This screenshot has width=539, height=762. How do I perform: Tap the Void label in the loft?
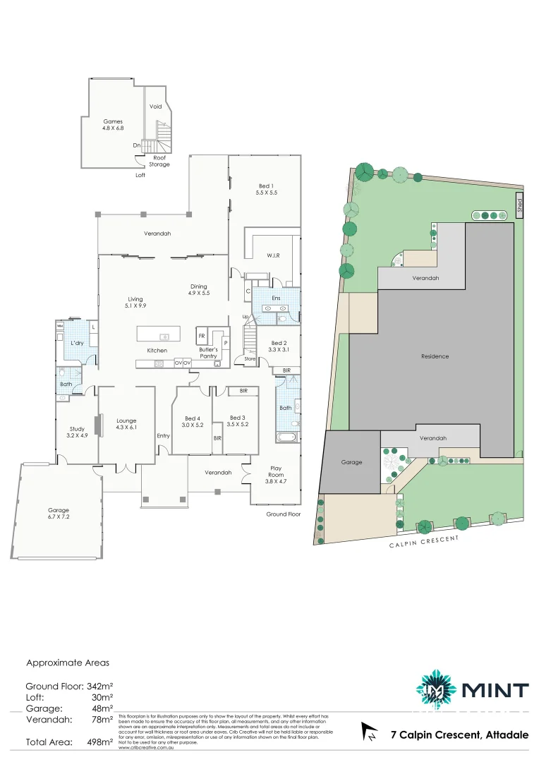156,107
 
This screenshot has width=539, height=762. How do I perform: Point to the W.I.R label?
273,255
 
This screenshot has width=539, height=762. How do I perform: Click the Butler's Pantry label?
208,353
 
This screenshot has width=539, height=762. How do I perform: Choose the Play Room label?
277,471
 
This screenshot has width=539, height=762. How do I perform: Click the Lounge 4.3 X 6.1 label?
126,424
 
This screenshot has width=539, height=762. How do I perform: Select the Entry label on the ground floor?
164,435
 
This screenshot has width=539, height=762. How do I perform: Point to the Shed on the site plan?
519,205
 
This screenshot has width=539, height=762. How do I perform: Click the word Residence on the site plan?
435,356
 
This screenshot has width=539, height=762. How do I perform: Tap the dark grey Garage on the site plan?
351,462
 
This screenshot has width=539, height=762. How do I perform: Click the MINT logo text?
495,690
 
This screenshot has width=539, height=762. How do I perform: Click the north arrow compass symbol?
368,732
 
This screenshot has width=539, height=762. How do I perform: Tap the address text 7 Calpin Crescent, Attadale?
459,735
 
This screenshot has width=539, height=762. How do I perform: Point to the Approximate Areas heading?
68,663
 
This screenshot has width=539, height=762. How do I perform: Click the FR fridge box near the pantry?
202,336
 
